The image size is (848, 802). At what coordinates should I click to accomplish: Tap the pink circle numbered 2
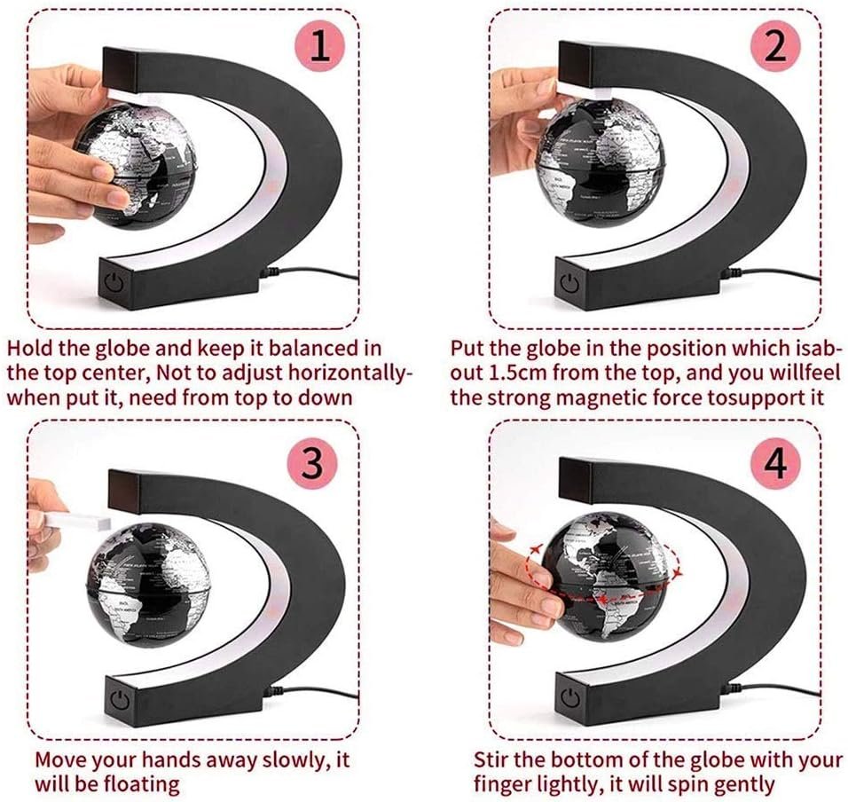pyautogui.click(x=776, y=46)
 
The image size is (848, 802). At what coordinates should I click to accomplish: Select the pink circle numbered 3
pyautogui.click(x=312, y=463)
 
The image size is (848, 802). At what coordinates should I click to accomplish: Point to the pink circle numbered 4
pyautogui.click(x=776, y=463)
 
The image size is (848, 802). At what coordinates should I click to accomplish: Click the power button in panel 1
pyautogui.click(x=115, y=283)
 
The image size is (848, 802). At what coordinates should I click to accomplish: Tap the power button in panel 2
pyautogui.click(x=570, y=283)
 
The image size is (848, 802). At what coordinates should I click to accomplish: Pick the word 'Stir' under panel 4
pyautogui.click(x=491, y=759)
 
